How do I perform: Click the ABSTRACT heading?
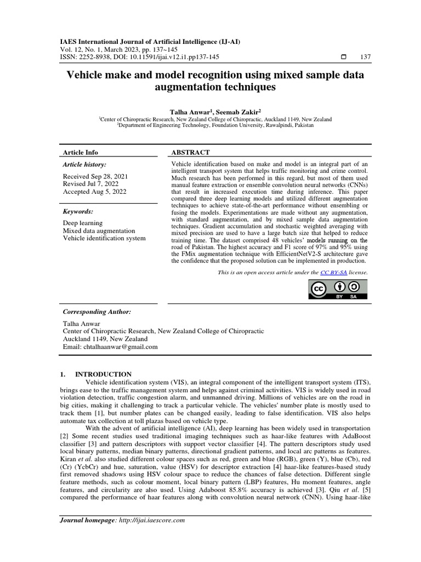point(191,153)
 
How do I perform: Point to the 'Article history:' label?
point(85,164)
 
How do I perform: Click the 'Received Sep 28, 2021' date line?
point(95,176)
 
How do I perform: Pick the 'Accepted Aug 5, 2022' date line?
point(94,192)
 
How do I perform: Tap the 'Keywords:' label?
point(78,211)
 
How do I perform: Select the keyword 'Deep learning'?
point(83,223)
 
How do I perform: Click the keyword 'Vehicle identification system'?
point(105,238)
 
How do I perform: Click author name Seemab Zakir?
point(234,111)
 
